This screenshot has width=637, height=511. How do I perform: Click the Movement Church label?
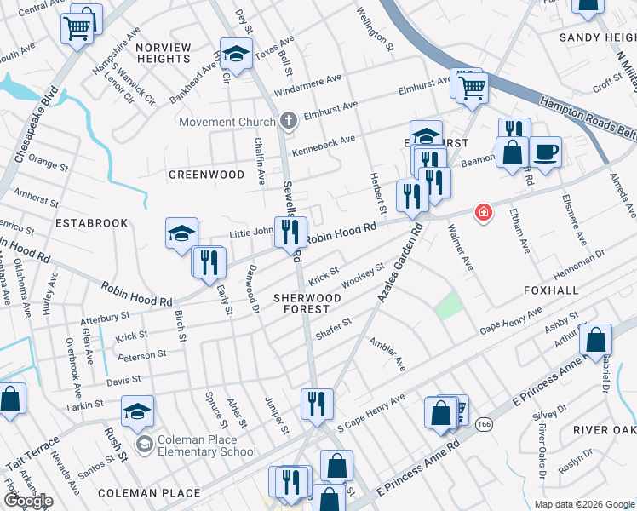pos(227,122)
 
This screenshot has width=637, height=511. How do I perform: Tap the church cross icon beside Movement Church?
pos(289,121)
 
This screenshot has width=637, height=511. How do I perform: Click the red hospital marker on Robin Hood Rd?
pos(484,211)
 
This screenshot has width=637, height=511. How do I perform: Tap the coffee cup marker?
pos(545,152)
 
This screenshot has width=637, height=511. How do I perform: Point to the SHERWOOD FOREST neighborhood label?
pos(307,304)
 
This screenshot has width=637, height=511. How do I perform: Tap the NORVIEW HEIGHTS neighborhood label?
pos(162,53)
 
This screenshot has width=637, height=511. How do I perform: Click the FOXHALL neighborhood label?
pos(551,290)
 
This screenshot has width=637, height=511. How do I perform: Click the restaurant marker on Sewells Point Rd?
pos(290,231)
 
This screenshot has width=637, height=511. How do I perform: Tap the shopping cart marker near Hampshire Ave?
pos(77,29)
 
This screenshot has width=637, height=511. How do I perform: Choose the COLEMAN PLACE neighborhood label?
pos(149,493)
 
